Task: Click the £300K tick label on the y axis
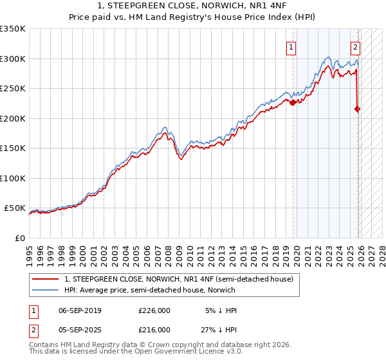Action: point(13,59)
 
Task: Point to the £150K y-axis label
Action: point(13,148)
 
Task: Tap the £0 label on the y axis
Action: point(19,238)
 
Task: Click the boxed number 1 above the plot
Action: point(291,46)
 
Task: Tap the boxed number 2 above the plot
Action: point(354,46)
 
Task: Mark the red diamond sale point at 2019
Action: point(293,102)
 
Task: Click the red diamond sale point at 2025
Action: point(358,109)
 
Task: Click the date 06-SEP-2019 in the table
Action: point(80,310)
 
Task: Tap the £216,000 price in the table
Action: point(154,329)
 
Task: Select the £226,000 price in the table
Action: point(154,310)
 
